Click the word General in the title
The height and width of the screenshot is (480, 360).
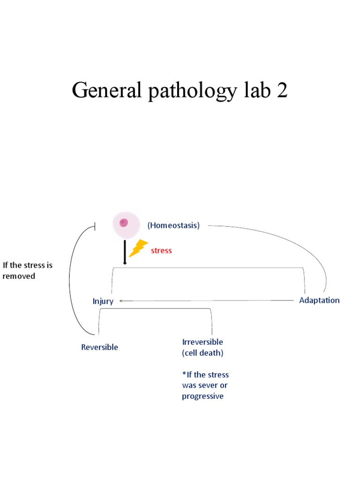tap(106, 90)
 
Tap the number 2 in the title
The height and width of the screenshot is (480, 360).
tap(282, 90)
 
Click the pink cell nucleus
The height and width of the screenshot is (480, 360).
tap(124, 223)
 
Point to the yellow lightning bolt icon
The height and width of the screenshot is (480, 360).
tap(138, 248)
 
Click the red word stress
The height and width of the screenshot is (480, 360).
tap(161, 251)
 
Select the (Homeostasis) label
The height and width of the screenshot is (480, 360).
tap(173, 225)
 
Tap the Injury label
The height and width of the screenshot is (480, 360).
tap(103, 301)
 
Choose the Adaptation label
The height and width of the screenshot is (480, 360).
tap(319, 300)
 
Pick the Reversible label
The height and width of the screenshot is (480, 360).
tap(99, 347)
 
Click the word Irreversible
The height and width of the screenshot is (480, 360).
tap(202, 342)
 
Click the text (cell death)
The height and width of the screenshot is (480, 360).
tap(202, 353)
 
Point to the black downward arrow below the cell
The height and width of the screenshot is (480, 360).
tap(125, 253)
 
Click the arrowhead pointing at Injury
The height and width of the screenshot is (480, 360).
tap(121, 301)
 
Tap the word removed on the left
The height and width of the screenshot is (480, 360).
tap(19, 276)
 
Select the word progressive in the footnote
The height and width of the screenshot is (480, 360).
tap(202, 397)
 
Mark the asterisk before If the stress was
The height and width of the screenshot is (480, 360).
tap(184, 374)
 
